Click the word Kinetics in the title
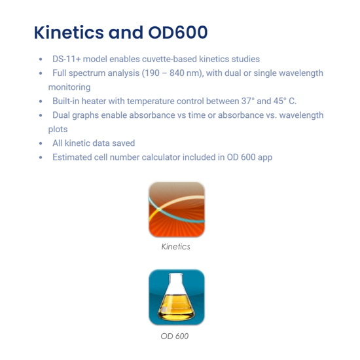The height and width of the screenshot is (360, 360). pos(69,32)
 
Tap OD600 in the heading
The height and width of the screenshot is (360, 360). pos(178,32)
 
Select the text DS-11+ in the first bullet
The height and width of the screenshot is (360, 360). pos(67,59)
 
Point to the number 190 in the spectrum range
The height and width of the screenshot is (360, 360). pos(153,73)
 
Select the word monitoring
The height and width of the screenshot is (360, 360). pos(69,88)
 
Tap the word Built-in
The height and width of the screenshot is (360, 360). pos(66,101)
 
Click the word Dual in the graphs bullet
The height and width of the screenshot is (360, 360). pos(61,115)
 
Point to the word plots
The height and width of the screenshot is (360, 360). pos(58,130)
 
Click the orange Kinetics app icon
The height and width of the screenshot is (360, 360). pos(177,209)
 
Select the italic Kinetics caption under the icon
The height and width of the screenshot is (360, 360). pos(176,247)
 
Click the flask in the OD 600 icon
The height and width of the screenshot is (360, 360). pos(176,297)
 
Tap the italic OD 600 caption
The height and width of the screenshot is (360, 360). pos(175,336)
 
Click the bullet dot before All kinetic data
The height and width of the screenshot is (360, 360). pos(41,144)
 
